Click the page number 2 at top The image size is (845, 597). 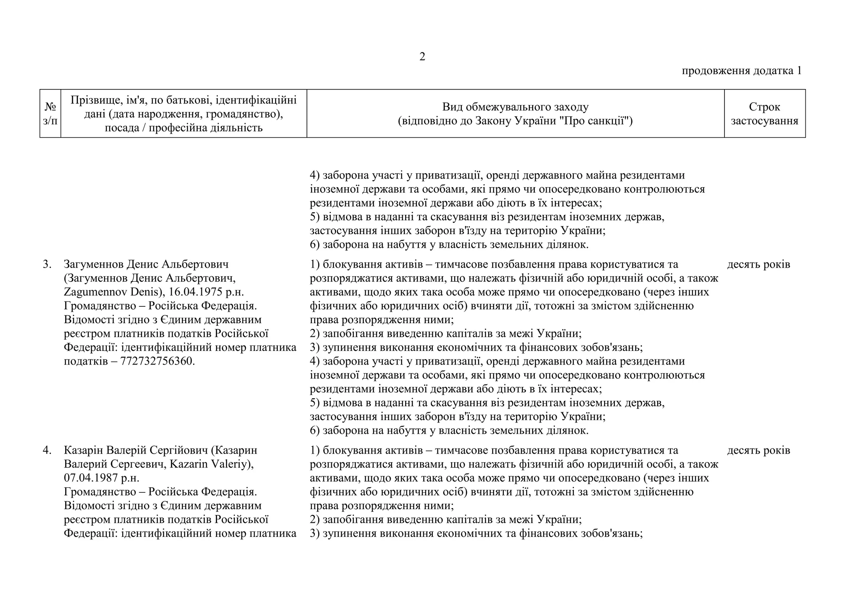pos(422,57)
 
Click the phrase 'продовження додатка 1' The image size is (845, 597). pos(741,71)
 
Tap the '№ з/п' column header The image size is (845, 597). pos(50,113)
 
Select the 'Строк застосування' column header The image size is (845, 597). pos(765,113)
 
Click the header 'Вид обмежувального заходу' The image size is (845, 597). pos(515,107)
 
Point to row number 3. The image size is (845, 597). pos(47,264)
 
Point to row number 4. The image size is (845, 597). pos(47,450)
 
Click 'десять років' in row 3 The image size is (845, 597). pos(758,264)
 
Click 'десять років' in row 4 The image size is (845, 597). pos(758,450)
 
